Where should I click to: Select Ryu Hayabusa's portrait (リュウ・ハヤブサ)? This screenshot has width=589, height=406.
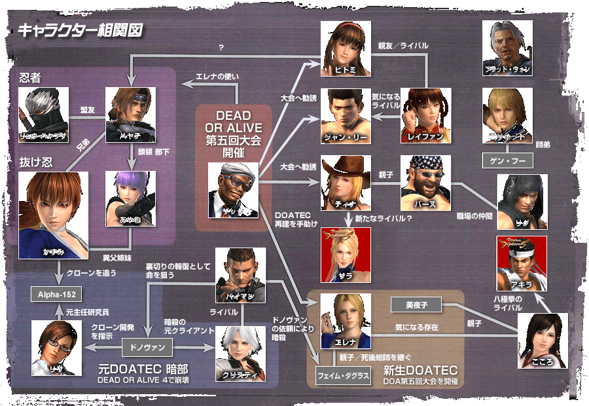click(44, 115)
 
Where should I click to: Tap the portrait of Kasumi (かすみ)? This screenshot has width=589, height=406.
click(54, 214)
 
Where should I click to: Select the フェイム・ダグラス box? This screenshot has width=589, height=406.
click(345, 377)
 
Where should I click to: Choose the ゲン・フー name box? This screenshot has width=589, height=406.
click(507, 161)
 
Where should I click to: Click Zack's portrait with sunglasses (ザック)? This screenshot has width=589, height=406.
click(234, 191)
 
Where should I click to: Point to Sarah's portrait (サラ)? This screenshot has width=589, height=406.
click(346, 255)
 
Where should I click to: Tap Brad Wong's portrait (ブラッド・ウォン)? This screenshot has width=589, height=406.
click(507, 48)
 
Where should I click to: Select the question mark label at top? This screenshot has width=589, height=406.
click(222, 48)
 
